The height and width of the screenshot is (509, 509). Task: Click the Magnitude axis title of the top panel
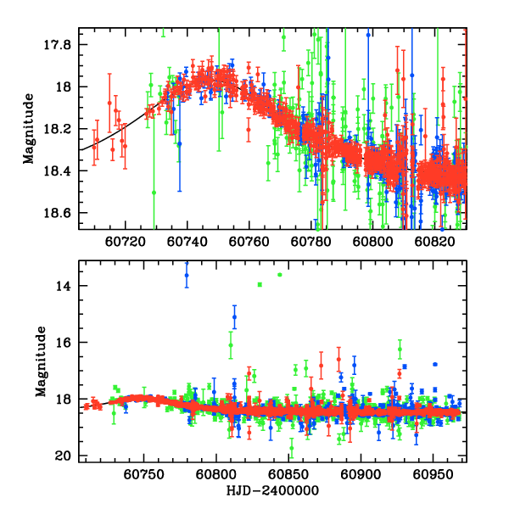click(29, 128)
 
